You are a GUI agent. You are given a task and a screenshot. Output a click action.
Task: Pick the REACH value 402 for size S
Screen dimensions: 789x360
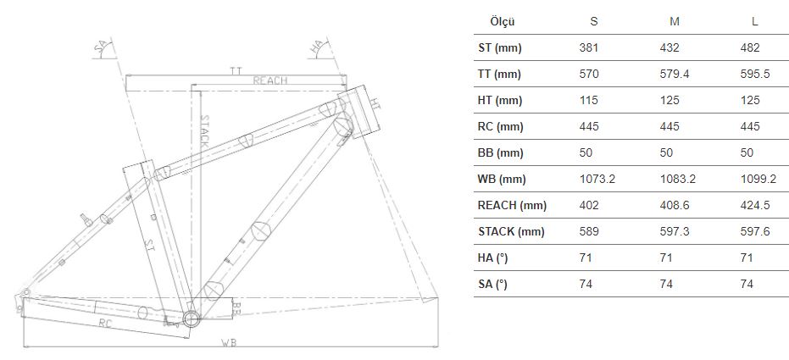pos(589,205)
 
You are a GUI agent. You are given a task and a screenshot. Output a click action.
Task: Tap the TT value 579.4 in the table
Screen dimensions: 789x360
pos(675,74)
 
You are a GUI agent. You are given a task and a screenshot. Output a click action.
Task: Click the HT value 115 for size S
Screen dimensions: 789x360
pos(589,100)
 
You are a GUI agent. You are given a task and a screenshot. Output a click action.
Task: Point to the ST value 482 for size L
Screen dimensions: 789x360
pos(750,47)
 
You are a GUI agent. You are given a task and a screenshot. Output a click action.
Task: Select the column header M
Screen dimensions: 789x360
pos(675,22)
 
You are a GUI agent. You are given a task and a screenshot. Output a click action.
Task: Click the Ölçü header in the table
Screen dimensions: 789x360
pos(503,22)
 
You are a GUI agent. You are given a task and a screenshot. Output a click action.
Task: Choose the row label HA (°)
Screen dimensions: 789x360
pos(492,258)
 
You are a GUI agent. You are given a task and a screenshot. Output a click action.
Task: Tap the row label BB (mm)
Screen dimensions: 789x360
pos(500,152)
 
